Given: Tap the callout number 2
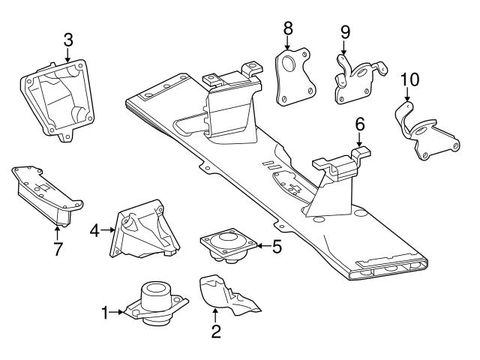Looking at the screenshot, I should click(x=215, y=330).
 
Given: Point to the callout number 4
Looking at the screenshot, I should click(x=94, y=230).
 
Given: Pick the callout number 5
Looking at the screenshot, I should click(x=277, y=245).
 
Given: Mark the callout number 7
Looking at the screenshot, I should click(x=57, y=248).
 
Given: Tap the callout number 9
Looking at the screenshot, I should click(x=345, y=32).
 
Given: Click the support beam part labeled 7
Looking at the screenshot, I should click(x=45, y=193).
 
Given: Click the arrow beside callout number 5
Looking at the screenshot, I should click(x=262, y=245).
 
